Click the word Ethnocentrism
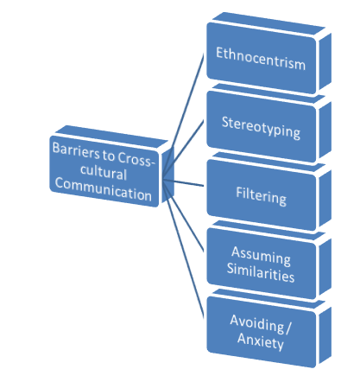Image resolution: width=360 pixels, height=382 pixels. click(x=261, y=59)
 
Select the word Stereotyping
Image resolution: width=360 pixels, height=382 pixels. click(x=261, y=128)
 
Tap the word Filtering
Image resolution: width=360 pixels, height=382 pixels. click(x=262, y=196)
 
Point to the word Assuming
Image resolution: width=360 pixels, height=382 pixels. click(x=261, y=256)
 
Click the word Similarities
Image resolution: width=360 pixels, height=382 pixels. click(x=261, y=272)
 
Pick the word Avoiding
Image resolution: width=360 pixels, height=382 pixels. click(x=257, y=324)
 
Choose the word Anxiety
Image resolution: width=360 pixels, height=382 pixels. click(x=261, y=341)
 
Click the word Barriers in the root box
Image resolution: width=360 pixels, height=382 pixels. click(x=76, y=150)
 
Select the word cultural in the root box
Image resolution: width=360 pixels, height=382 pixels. click(x=104, y=172)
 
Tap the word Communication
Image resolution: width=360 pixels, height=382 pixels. click(x=104, y=189)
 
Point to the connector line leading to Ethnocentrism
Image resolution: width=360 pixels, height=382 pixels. click(x=183, y=116)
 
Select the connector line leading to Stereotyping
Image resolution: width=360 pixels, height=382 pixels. click(x=183, y=150)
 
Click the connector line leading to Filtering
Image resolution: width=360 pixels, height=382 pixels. click(x=183, y=182)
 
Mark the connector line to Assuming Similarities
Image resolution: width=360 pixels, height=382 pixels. click(x=183, y=215)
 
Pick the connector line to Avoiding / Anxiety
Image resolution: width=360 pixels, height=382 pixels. click(x=183, y=248)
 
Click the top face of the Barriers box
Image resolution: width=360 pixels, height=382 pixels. click(x=111, y=137)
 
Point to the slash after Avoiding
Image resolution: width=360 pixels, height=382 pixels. click(x=288, y=328)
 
